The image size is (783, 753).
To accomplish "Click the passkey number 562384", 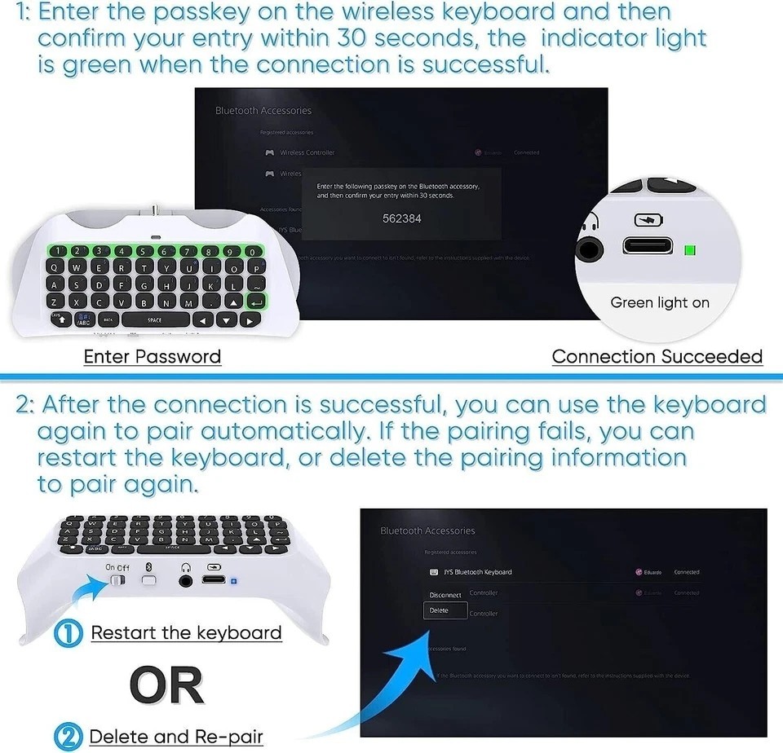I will click(x=402, y=218).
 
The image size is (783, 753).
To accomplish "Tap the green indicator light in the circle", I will click(x=690, y=249).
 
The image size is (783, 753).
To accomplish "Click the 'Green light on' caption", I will click(x=660, y=302).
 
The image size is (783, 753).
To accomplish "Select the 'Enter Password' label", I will click(x=153, y=357).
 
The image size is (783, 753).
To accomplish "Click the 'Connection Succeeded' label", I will click(x=657, y=357).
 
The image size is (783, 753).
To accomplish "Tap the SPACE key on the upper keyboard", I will click(x=154, y=320).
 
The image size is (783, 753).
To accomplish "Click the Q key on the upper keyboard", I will click(x=54, y=267).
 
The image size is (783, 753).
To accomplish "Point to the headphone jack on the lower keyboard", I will click(x=187, y=580).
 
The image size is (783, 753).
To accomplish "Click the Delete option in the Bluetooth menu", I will click(x=439, y=610).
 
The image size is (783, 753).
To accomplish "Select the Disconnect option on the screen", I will click(x=445, y=595).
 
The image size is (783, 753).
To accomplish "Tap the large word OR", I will click(x=166, y=686).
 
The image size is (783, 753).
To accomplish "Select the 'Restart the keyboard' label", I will click(x=186, y=633).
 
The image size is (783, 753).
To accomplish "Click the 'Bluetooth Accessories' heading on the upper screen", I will click(x=263, y=111).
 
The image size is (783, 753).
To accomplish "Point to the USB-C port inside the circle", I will click(x=648, y=246).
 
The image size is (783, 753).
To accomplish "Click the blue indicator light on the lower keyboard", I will click(x=234, y=582).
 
